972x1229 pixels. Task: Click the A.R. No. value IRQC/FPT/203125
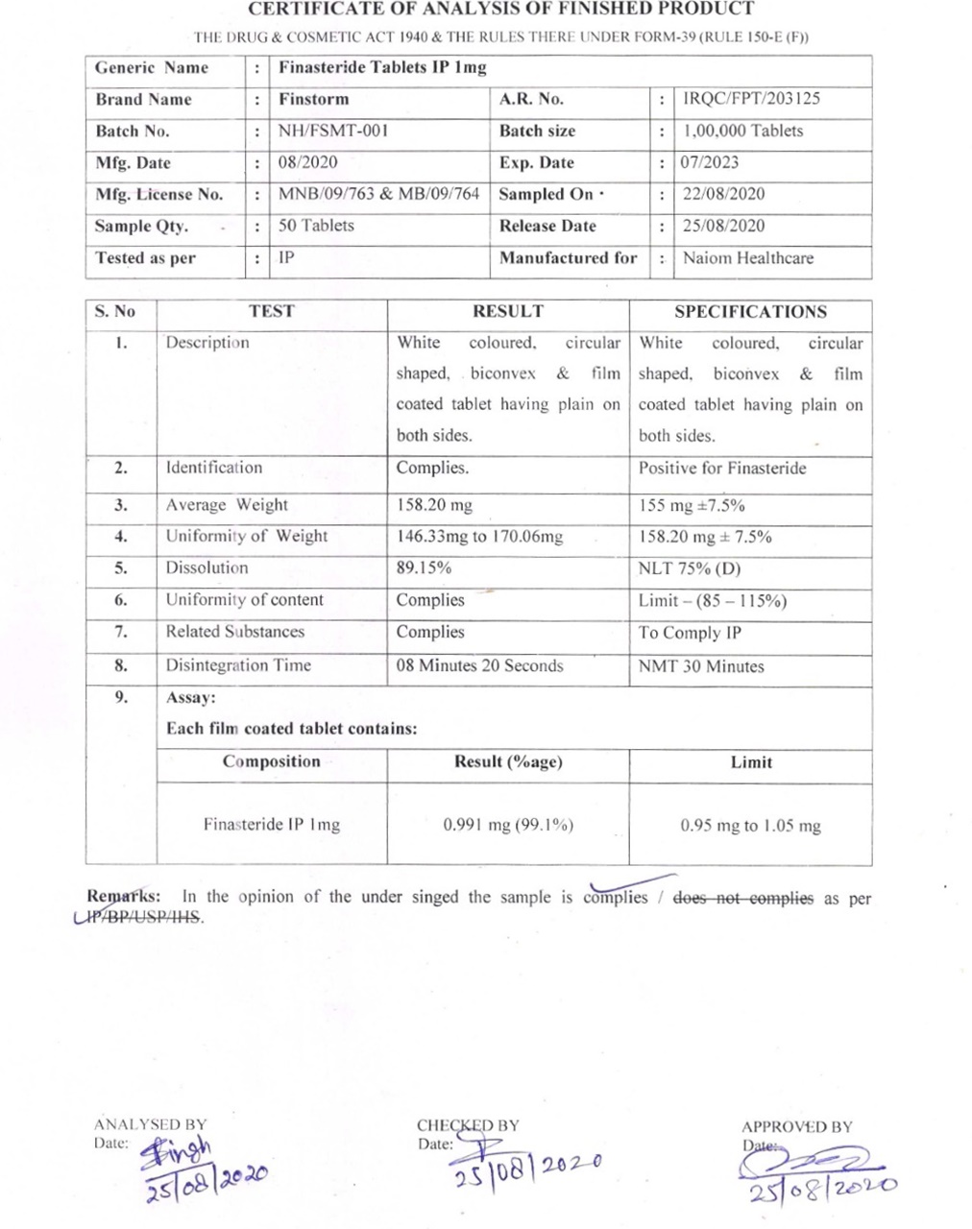point(751,99)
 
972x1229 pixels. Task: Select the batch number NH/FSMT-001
point(333,131)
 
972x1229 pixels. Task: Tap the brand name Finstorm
point(314,99)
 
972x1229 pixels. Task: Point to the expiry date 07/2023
point(710,162)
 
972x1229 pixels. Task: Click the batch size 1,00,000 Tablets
point(742,131)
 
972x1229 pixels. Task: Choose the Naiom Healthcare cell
point(747,257)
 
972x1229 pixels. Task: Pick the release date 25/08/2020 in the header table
point(723,226)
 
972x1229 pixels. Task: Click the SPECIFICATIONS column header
point(750,311)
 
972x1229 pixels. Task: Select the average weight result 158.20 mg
point(434,505)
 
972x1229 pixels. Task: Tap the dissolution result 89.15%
point(424,567)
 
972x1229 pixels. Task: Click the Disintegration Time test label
point(238,665)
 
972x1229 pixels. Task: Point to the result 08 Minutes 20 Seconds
point(479,665)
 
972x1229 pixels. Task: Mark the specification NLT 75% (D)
point(690,567)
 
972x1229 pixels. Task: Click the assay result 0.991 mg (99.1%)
point(508,825)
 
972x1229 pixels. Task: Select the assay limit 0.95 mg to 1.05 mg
point(750,826)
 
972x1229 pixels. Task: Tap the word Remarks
point(124,897)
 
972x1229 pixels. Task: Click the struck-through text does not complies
point(742,899)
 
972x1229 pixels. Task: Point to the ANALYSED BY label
point(150,1124)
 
